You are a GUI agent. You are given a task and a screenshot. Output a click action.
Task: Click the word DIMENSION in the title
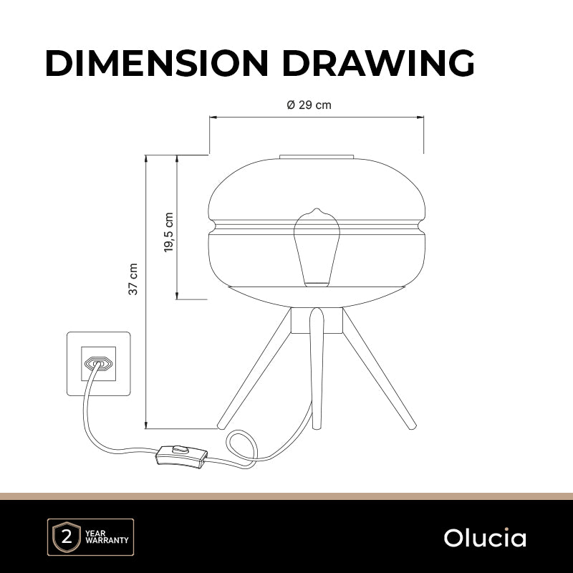tap(157, 63)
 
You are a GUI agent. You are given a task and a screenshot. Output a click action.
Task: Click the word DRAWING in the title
tap(379, 63)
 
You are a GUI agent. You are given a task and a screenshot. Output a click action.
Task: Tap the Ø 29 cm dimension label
tap(309, 105)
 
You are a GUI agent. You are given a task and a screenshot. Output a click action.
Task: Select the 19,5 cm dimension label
tap(168, 232)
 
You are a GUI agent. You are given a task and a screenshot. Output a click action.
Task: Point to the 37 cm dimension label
tap(133, 279)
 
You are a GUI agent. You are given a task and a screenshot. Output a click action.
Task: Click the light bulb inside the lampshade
tap(317, 247)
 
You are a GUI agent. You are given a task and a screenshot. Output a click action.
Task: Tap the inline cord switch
tap(182, 457)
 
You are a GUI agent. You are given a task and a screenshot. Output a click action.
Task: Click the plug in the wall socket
tap(98, 363)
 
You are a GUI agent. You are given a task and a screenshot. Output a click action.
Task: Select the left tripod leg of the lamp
tap(254, 368)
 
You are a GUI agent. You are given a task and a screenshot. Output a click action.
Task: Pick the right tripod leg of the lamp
tap(379, 368)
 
